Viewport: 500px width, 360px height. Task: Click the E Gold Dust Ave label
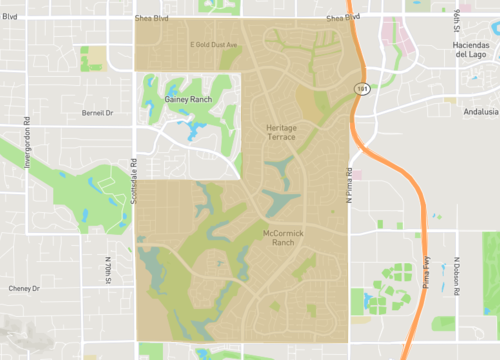212,45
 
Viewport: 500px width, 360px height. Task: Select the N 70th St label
107,270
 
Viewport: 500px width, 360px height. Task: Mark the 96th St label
454,21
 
